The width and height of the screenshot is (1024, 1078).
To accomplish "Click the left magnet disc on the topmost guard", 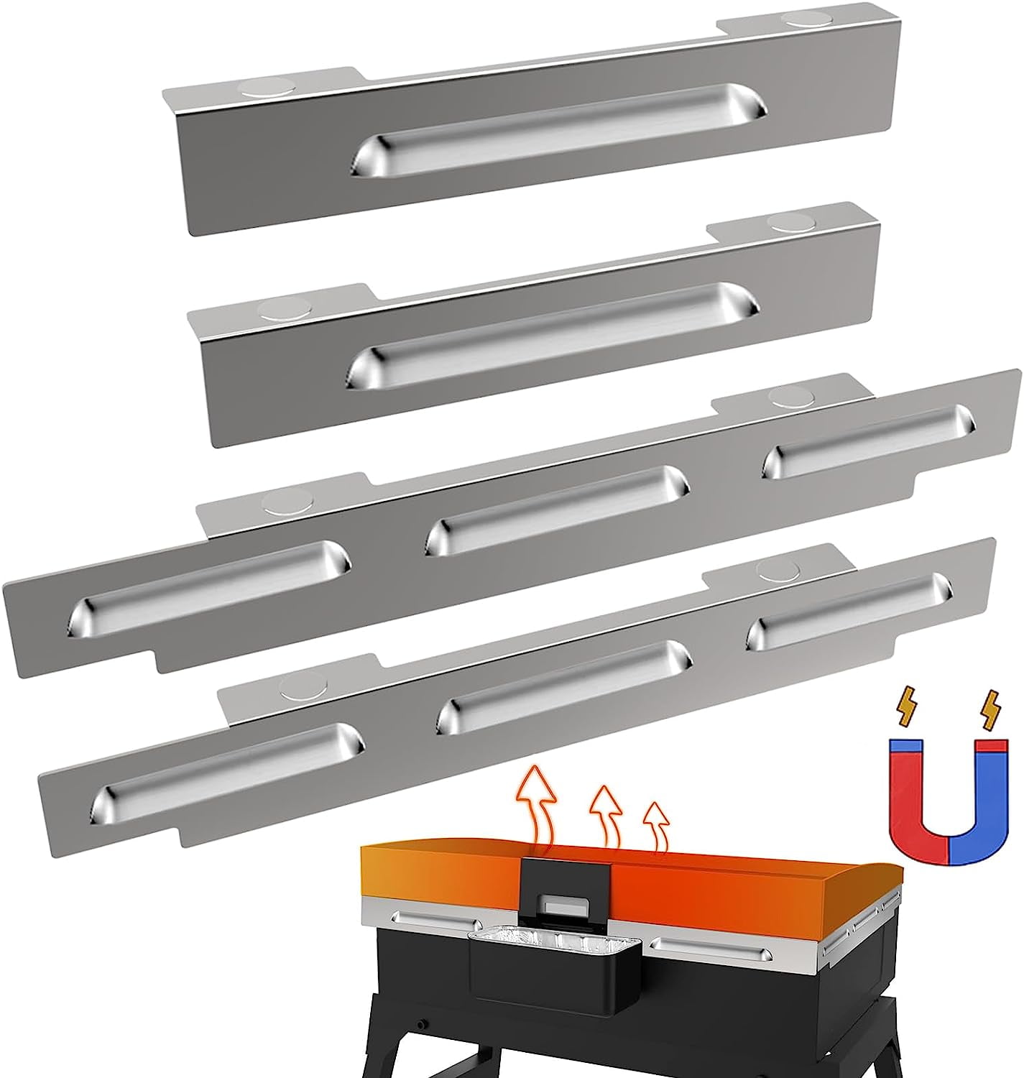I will click(x=259, y=88).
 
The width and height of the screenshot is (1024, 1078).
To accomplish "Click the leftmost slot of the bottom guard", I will click(x=226, y=773).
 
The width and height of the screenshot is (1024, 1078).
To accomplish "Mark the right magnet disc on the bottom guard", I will click(x=780, y=569).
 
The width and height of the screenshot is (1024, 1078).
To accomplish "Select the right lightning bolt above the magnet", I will click(x=992, y=706).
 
